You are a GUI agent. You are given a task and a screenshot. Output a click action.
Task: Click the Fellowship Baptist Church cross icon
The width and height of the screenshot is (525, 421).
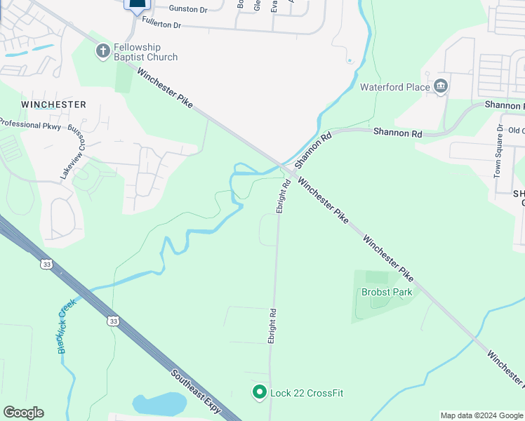[x=103, y=51]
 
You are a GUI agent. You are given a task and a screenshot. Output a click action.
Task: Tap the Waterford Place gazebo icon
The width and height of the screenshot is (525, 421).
[x=441, y=86]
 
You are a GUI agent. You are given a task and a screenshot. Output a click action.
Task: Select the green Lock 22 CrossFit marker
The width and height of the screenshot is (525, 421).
[x=260, y=392]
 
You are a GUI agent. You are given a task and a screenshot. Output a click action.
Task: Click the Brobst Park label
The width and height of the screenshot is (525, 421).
[x=387, y=292]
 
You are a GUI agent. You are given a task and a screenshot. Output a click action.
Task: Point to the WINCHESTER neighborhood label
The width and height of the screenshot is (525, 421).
[x=53, y=105]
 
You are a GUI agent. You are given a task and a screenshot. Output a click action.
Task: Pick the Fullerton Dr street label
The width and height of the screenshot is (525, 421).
[x=161, y=25]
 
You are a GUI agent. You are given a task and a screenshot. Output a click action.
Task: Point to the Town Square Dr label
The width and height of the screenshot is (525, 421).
[x=499, y=151]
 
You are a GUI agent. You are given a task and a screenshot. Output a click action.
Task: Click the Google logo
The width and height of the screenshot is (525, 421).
[x=23, y=413]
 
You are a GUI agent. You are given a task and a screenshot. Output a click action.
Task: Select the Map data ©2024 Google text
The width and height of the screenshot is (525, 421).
[x=481, y=415]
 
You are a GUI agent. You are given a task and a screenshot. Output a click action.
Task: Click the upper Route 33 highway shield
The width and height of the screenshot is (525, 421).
[x=46, y=264]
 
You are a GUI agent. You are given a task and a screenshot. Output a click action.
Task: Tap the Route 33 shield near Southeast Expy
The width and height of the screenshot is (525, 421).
[x=112, y=321]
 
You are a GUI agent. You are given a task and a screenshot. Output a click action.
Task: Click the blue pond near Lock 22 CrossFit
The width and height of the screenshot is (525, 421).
[x=160, y=403]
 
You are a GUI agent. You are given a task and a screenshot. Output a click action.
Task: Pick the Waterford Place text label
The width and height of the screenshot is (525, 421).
[x=394, y=87]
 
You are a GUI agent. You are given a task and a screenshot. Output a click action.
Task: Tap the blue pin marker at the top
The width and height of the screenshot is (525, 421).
[x=138, y=4]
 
